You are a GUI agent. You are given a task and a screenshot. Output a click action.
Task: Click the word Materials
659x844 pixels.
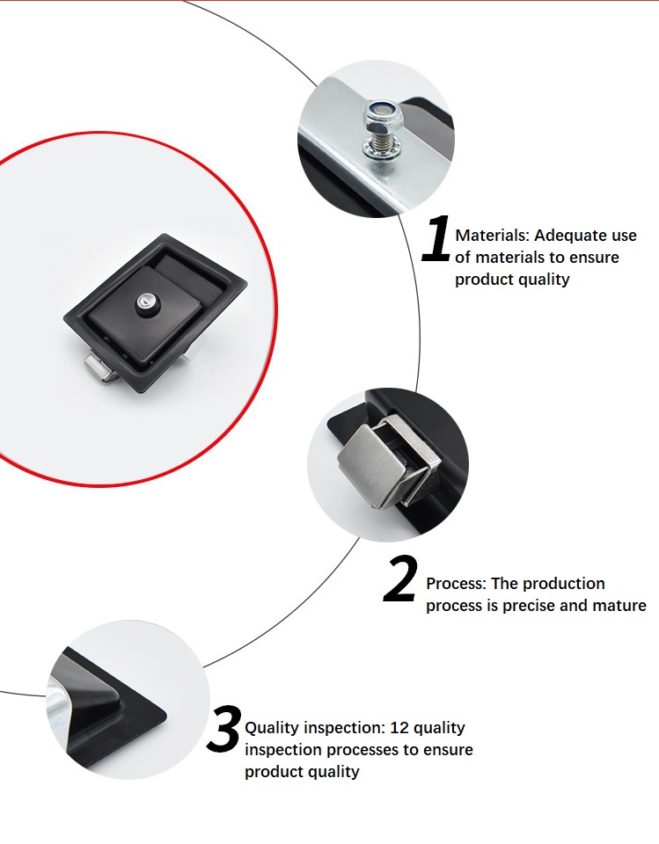(492, 236)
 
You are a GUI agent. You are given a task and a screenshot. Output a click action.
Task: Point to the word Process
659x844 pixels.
(455, 584)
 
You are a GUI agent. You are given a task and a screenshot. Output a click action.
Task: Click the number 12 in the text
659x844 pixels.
(398, 728)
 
